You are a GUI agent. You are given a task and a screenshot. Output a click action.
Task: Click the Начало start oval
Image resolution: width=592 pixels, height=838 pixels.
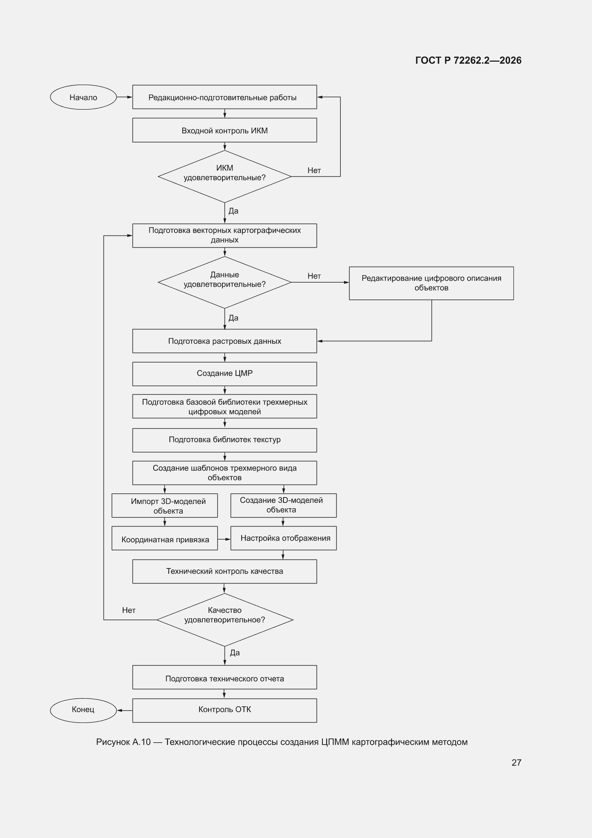pyautogui.click(x=83, y=97)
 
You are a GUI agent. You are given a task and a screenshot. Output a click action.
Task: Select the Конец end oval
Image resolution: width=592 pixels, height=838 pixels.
pyautogui.click(x=83, y=710)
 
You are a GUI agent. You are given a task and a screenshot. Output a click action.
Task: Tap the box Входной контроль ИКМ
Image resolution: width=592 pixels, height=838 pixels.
pyautogui.click(x=224, y=130)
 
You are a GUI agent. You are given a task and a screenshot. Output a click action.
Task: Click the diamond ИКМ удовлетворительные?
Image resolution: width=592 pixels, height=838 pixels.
pyautogui.click(x=224, y=177)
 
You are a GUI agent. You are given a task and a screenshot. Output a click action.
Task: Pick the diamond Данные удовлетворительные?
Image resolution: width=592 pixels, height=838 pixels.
pyautogui.click(x=224, y=282)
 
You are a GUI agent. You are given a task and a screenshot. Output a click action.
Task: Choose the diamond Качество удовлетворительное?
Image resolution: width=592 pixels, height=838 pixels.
pyautogui.click(x=225, y=620)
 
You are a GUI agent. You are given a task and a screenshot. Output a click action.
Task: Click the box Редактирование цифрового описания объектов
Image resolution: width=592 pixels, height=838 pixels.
pyautogui.click(x=431, y=283)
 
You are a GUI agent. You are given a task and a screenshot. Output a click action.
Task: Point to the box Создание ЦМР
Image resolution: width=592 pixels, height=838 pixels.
pyautogui.click(x=224, y=374)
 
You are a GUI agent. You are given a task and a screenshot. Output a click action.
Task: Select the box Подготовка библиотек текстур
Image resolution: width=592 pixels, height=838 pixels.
pyautogui.click(x=224, y=440)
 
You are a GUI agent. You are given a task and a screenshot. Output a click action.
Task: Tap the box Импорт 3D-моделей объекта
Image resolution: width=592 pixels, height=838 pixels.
pyautogui.click(x=164, y=505)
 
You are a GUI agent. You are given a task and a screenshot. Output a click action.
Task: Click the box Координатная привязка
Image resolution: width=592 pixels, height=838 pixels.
pyautogui.click(x=164, y=538)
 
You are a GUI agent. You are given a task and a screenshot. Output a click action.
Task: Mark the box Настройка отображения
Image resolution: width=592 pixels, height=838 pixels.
pyautogui.click(x=283, y=538)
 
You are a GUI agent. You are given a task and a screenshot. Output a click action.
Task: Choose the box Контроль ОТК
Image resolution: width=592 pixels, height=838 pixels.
pyautogui.click(x=224, y=710)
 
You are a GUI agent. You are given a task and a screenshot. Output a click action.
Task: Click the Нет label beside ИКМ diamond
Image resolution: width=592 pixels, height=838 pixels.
pyautogui.click(x=314, y=171)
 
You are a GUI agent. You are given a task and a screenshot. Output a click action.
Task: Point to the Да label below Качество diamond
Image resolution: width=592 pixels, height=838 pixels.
pyautogui.click(x=235, y=653)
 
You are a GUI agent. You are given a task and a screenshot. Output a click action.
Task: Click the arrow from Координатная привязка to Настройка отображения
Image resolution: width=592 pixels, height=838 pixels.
pyautogui.click(x=224, y=539)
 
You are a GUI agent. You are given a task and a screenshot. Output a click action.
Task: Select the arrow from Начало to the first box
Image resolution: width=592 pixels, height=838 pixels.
pyautogui.click(x=124, y=97)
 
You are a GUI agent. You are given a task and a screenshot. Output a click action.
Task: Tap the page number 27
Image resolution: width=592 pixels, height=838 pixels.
pyautogui.click(x=516, y=762)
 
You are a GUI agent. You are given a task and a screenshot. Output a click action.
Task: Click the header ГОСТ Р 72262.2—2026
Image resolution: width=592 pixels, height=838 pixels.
pyautogui.click(x=468, y=60)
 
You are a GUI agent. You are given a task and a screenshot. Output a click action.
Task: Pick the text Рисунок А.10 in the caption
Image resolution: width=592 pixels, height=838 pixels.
pyautogui.click(x=123, y=742)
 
